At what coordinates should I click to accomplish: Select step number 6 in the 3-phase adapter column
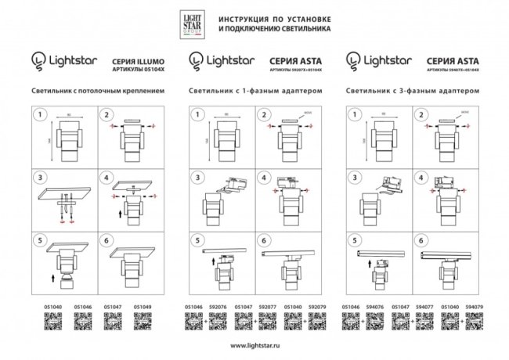pos(422,241)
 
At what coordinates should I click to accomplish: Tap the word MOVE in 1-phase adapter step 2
pos(307,113)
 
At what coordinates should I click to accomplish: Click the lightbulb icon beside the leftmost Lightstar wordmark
pos(37,60)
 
